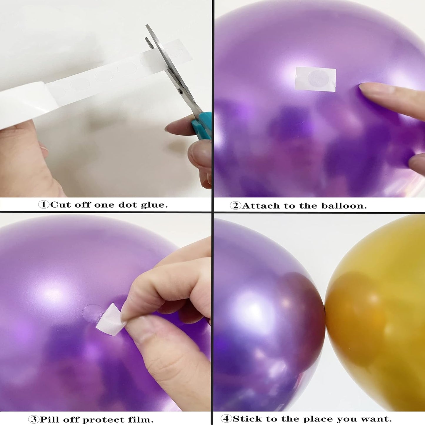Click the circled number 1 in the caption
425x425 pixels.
pos(44,204)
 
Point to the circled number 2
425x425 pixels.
pos(235,206)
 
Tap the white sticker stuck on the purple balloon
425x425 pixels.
pos(315,79)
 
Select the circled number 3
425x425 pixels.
pos(34,419)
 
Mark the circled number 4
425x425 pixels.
pos(226,419)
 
